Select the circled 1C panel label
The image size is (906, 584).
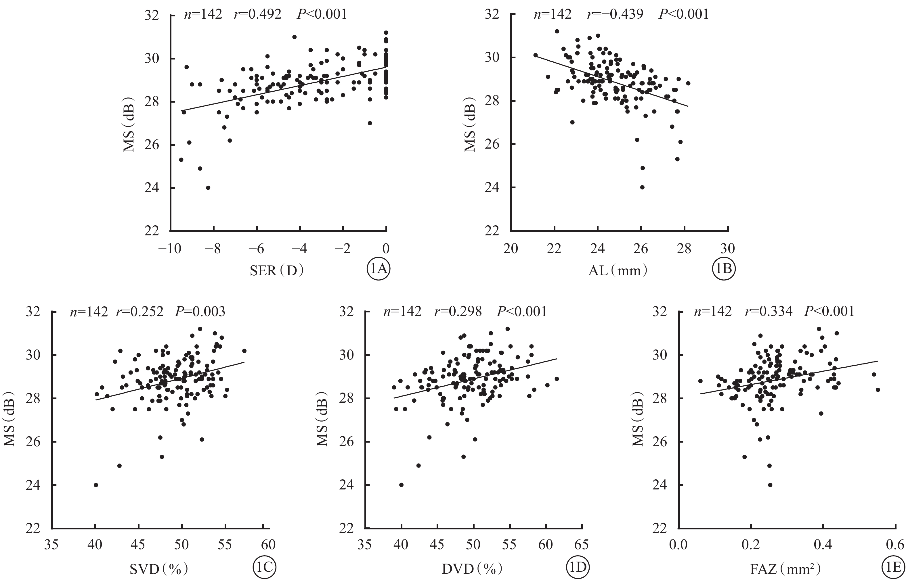(x=264, y=567)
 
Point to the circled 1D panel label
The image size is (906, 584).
(x=578, y=567)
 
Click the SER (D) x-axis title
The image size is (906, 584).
(x=277, y=271)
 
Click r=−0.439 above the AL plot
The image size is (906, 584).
(x=615, y=14)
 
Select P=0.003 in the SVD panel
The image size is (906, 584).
(x=200, y=312)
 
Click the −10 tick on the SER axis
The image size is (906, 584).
(x=169, y=249)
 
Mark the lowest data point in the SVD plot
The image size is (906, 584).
(x=96, y=485)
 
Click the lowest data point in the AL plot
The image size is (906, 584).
(x=642, y=187)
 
